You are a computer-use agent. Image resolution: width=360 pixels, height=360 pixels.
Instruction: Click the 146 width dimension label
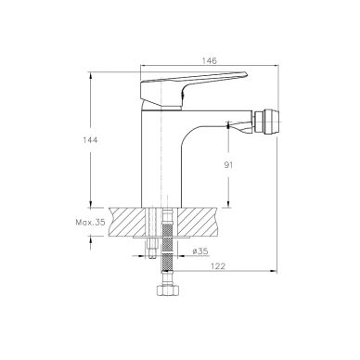coord(210,60)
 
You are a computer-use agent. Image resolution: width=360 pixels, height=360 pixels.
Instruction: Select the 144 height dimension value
coord(90,140)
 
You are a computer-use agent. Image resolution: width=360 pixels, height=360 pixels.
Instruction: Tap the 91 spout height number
coord(228,165)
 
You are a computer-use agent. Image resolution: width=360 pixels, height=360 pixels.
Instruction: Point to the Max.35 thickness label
coord(90,222)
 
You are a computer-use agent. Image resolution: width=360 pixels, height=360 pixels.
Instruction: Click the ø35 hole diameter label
coord(199,251)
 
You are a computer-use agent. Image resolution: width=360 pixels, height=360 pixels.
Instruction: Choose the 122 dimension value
coord(218,266)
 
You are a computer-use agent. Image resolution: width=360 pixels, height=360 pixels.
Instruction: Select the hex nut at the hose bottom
coord(167,289)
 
